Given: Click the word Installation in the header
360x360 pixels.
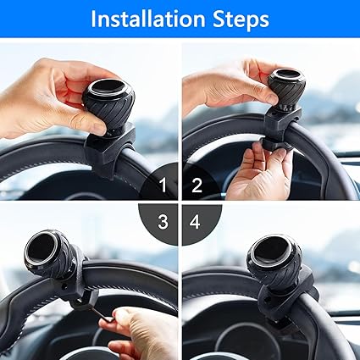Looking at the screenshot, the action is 148,19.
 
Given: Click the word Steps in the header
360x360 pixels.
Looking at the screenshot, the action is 241,19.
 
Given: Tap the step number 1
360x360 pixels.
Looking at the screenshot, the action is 163,186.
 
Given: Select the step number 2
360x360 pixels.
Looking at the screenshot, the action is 197,186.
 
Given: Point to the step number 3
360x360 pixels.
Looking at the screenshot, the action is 163,222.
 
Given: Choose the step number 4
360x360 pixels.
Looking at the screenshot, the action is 195,222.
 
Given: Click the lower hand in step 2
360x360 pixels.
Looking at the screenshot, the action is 261,171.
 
